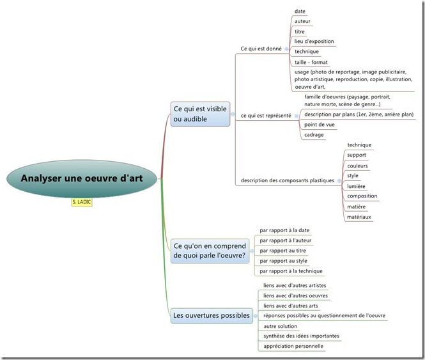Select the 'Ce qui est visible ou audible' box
(200, 114)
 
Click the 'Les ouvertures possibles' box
(212, 315)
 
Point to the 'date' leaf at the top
(300, 12)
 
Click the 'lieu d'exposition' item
(314, 42)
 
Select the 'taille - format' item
(311, 62)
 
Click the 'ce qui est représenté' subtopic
(266, 116)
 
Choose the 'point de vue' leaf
(320, 125)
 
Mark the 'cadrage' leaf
(314, 135)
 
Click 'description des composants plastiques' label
(287, 180)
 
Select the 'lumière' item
(356, 186)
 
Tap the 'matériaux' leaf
(359, 217)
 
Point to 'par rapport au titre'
(283, 251)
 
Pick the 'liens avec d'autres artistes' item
(295, 285)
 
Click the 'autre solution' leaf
(280, 326)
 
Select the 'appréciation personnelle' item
(293, 346)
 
